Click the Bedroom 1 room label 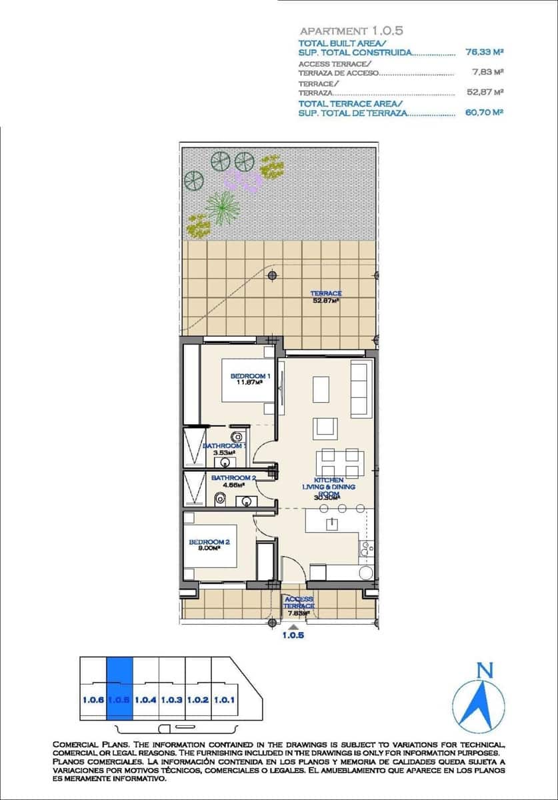[251, 376]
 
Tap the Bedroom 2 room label [209, 543]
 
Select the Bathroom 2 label [233, 478]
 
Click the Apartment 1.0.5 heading [352, 31]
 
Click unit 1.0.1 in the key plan [224, 700]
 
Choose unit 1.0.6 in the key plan [93, 700]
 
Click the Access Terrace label [298, 603]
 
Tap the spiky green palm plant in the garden [222, 207]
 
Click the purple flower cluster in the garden [241, 179]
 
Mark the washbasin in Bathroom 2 [247, 501]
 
